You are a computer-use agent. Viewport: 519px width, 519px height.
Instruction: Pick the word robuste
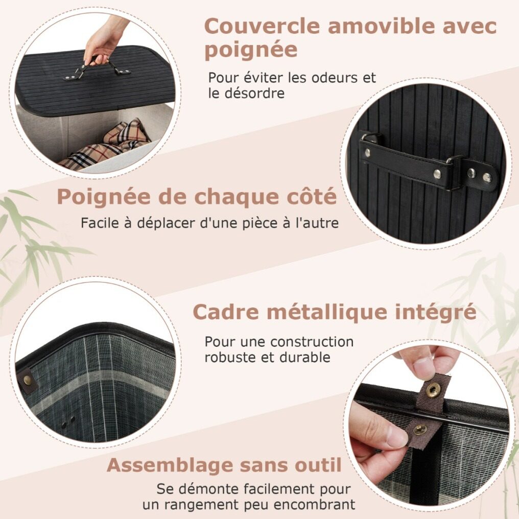[x=231, y=358]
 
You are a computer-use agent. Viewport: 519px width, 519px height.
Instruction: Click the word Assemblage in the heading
[x=170, y=466]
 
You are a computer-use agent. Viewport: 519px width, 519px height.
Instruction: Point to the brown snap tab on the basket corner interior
[x=27, y=381]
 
